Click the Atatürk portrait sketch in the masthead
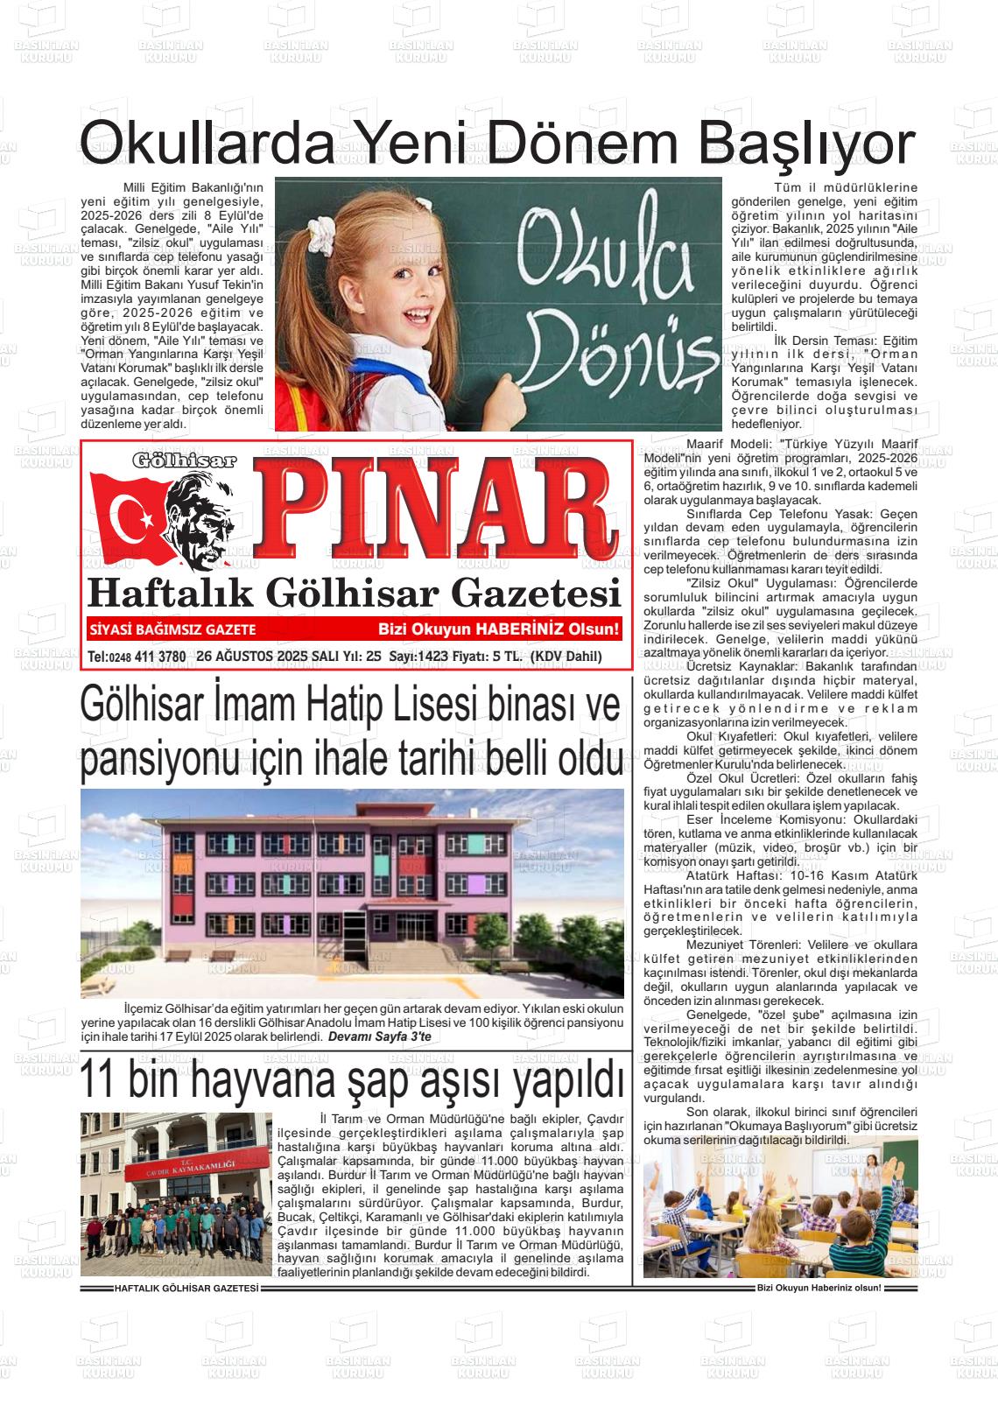click(211, 525)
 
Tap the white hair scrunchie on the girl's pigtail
click(320, 229)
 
